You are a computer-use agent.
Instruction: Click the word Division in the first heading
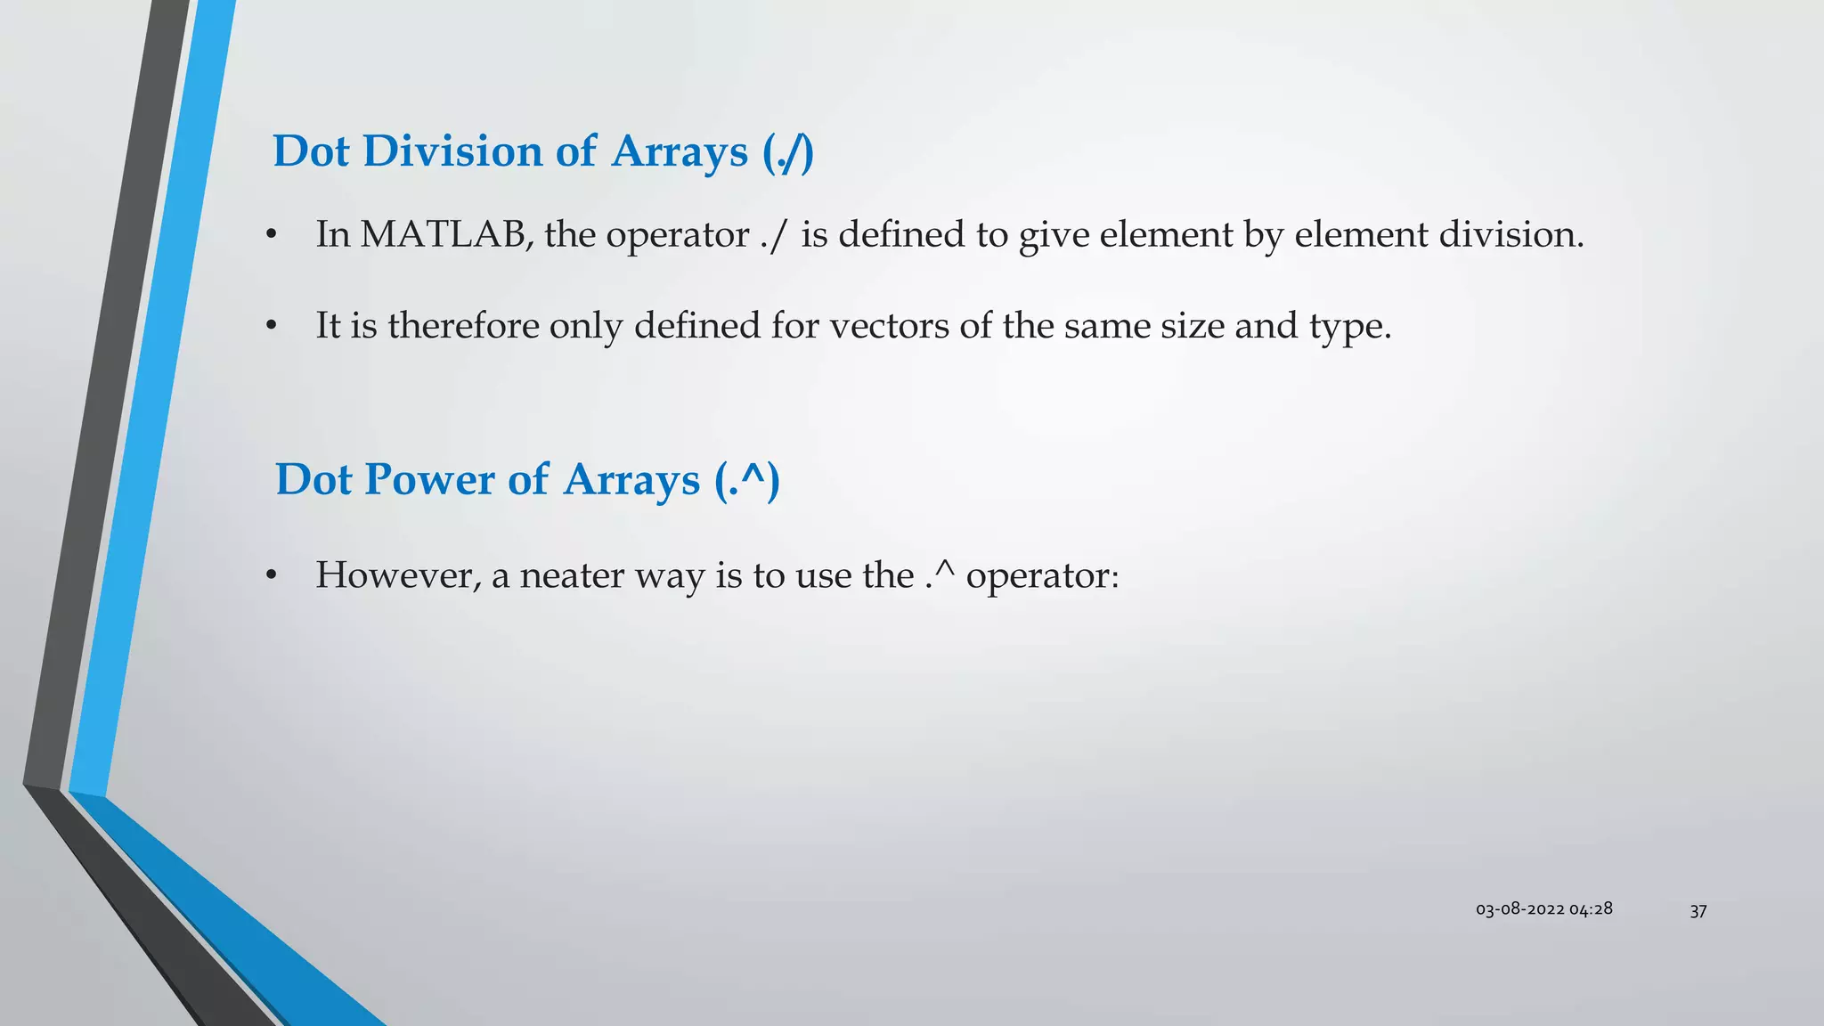click(x=452, y=151)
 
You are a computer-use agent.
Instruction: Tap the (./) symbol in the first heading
click(x=788, y=152)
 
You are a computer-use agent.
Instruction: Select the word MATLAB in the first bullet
click(x=442, y=234)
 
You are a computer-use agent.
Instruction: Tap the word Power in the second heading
click(x=429, y=479)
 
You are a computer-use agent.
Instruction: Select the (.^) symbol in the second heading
click(x=747, y=480)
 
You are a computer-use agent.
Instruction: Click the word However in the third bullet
click(x=397, y=575)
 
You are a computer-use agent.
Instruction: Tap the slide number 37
click(x=1698, y=910)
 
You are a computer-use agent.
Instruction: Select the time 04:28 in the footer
click(x=1591, y=909)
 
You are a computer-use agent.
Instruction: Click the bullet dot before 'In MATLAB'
click(x=272, y=235)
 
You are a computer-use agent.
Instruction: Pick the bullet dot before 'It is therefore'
click(x=272, y=326)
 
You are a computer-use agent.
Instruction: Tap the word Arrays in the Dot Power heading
click(x=631, y=479)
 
